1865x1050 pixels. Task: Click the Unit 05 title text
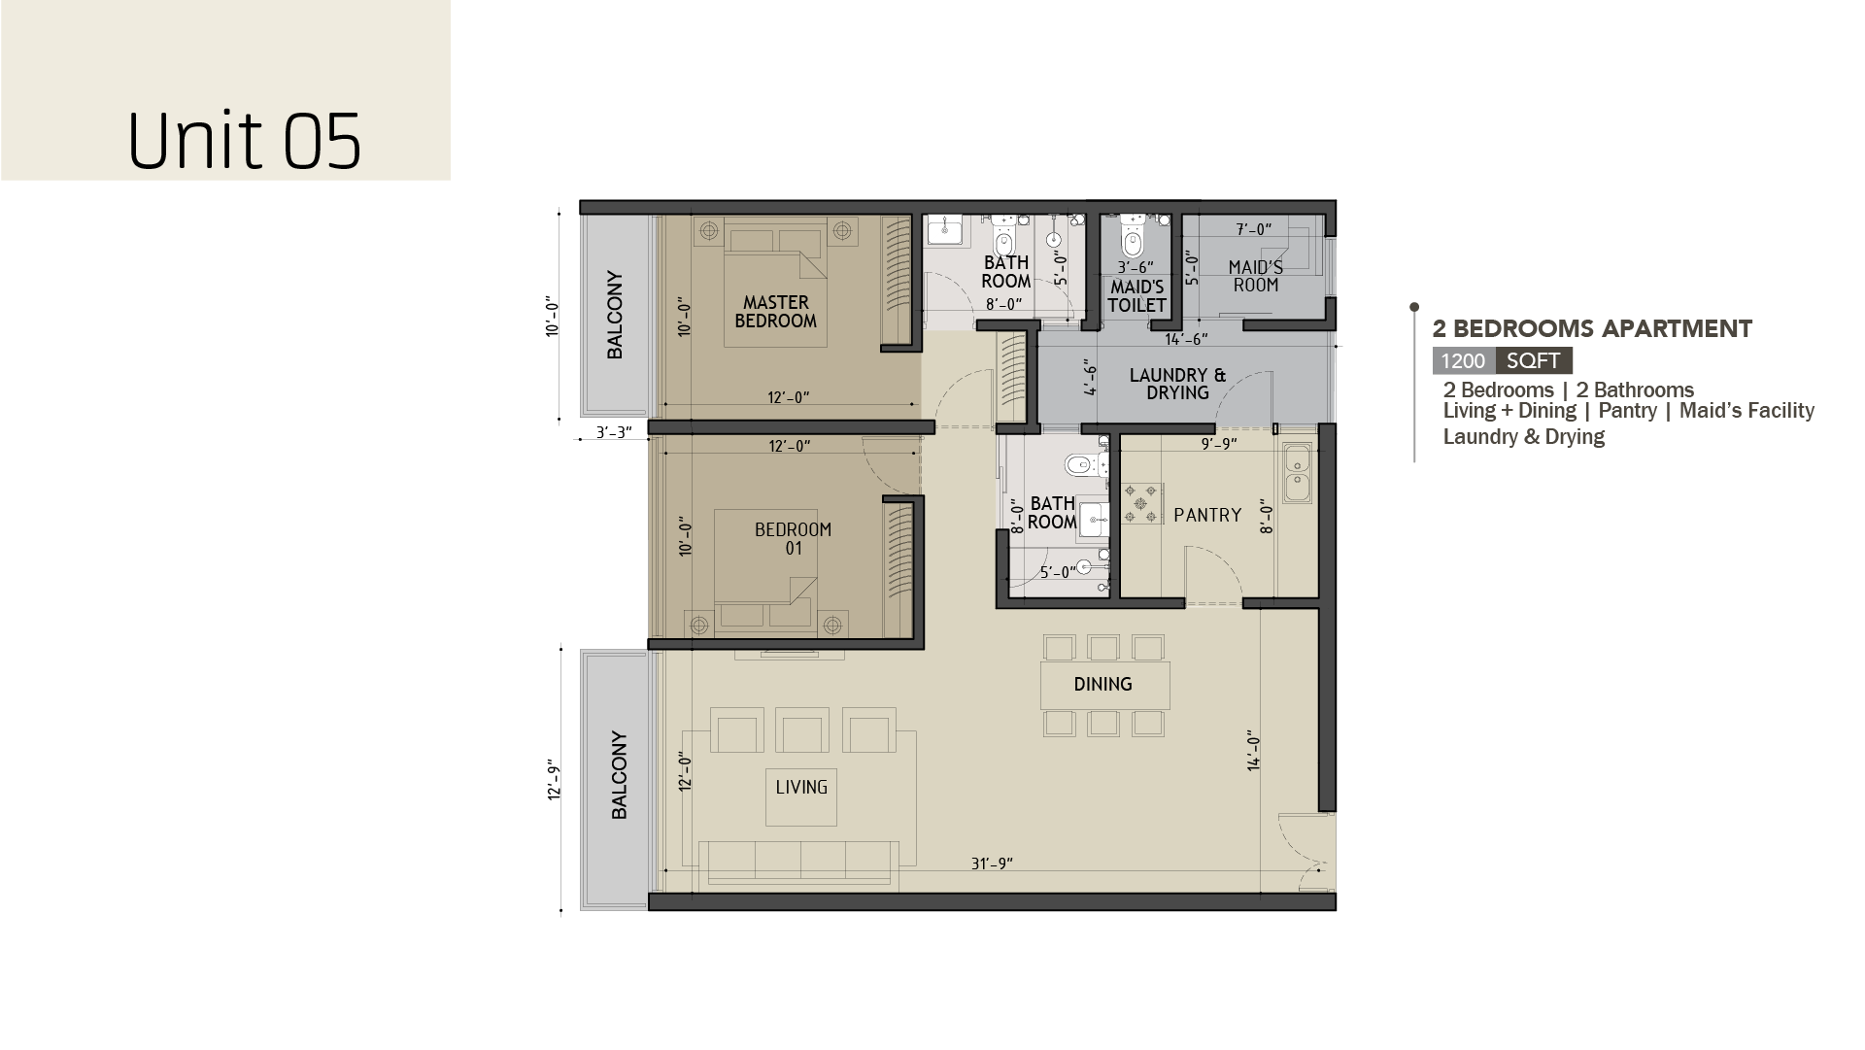point(245,141)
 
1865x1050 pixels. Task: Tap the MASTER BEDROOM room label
point(775,312)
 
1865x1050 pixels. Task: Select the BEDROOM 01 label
point(793,539)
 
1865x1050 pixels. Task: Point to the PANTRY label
point(1207,515)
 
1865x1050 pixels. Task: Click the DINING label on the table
point(1102,684)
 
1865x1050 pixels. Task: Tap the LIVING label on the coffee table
point(801,787)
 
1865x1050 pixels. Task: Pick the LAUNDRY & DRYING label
point(1177,384)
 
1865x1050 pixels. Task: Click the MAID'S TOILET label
point(1136,296)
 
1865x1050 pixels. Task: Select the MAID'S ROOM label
point(1255,276)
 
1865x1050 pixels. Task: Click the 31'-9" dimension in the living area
point(992,864)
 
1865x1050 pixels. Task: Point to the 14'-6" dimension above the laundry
point(1186,339)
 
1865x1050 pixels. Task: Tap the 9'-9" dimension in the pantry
point(1219,444)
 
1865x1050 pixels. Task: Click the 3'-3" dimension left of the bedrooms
point(613,432)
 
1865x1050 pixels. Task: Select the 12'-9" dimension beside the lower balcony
point(555,779)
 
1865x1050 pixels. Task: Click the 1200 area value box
point(1464,361)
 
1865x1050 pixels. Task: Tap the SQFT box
point(1534,361)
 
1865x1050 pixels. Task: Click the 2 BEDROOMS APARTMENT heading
point(1592,329)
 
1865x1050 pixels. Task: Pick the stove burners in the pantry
point(1143,503)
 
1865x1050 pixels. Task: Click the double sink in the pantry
point(1297,473)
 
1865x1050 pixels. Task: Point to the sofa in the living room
point(797,863)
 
